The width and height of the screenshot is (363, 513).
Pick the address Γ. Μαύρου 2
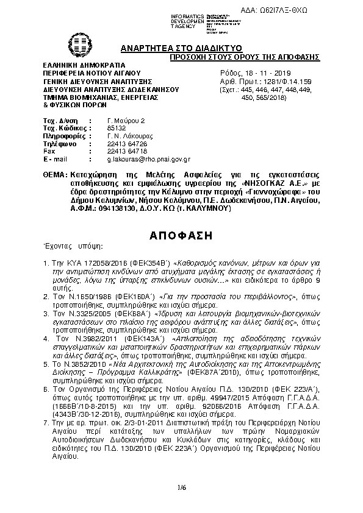click(x=126, y=121)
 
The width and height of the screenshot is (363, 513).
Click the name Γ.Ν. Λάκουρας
click(x=127, y=136)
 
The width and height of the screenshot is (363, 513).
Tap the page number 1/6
click(x=181, y=486)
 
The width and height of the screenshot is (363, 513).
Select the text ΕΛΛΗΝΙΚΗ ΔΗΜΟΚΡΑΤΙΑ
click(x=82, y=65)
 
